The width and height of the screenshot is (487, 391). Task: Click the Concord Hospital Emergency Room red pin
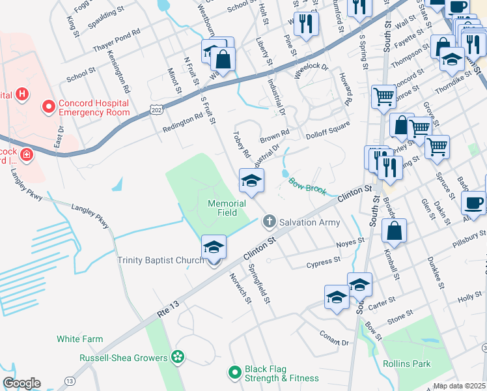click(x=48, y=106)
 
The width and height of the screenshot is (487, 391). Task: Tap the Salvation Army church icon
click(x=268, y=222)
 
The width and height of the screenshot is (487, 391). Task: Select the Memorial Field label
click(x=227, y=208)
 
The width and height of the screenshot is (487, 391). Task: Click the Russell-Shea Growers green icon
click(x=177, y=357)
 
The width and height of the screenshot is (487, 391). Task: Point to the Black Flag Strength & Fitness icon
click(x=235, y=373)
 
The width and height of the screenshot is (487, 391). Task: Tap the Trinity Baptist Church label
click(x=161, y=261)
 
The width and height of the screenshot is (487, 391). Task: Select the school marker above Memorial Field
click(x=251, y=182)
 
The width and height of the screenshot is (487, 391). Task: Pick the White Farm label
click(x=80, y=339)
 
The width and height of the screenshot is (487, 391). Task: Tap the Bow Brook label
click(x=307, y=186)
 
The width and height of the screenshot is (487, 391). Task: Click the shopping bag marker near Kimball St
click(x=395, y=231)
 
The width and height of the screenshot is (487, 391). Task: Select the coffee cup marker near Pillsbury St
click(x=473, y=203)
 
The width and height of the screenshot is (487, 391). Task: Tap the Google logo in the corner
click(x=21, y=383)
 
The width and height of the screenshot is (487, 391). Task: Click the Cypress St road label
click(x=324, y=263)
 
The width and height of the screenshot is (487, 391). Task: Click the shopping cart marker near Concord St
click(x=384, y=97)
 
